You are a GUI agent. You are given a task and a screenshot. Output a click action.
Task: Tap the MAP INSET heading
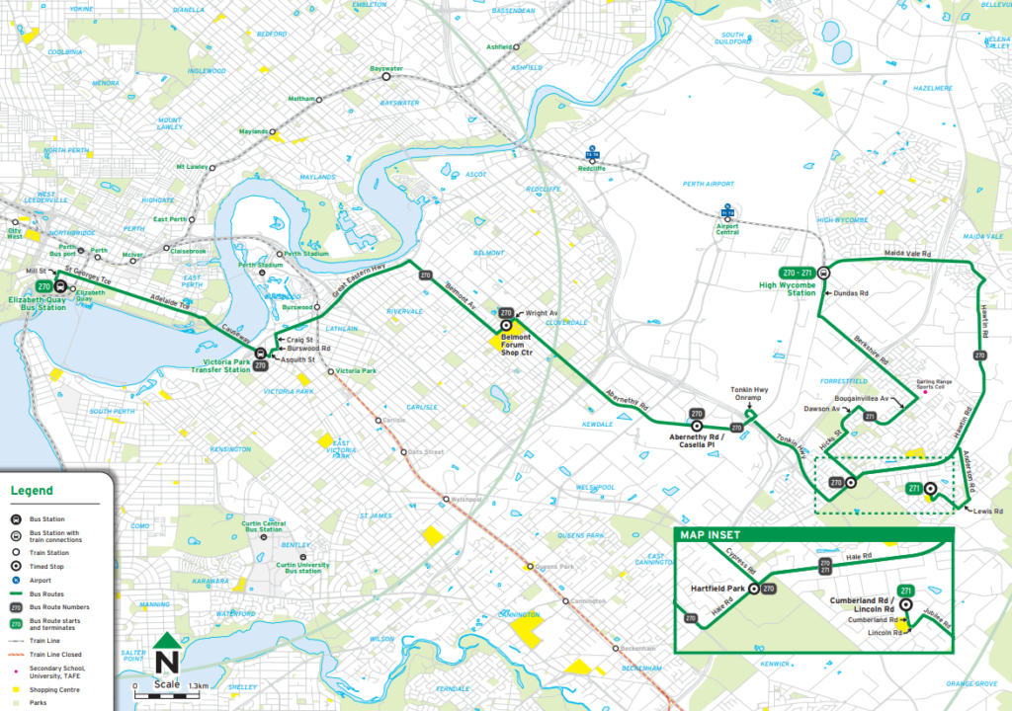712,536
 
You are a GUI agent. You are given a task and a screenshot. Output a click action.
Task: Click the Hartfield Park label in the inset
718,589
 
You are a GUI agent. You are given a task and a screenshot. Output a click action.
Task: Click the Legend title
32,491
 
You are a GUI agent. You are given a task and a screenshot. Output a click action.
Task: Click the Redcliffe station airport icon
592,155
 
